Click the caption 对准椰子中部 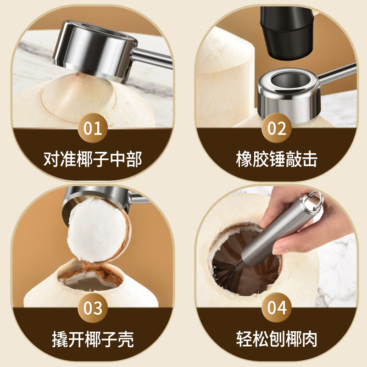coord(93,159)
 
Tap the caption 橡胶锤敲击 coord(277,159)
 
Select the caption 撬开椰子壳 coord(93,339)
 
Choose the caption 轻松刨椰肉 coord(277,339)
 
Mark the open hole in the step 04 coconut coord(245,261)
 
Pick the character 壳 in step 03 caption coord(125,339)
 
